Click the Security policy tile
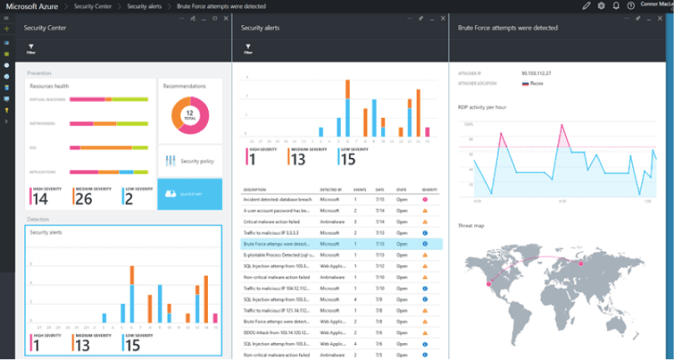[x=190, y=160]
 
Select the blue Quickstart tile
[x=190, y=193]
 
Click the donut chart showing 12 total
[x=190, y=114]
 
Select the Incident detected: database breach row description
[x=278, y=200]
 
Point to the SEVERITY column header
[x=429, y=190]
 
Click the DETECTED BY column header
[x=331, y=190]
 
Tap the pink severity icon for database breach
[x=426, y=200]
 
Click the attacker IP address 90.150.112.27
[x=536, y=74]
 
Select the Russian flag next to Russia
[x=525, y=84]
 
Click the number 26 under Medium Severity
[x=84, y=199]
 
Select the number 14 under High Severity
[x=40, y=199]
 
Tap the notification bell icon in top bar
[x=616, y=6]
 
